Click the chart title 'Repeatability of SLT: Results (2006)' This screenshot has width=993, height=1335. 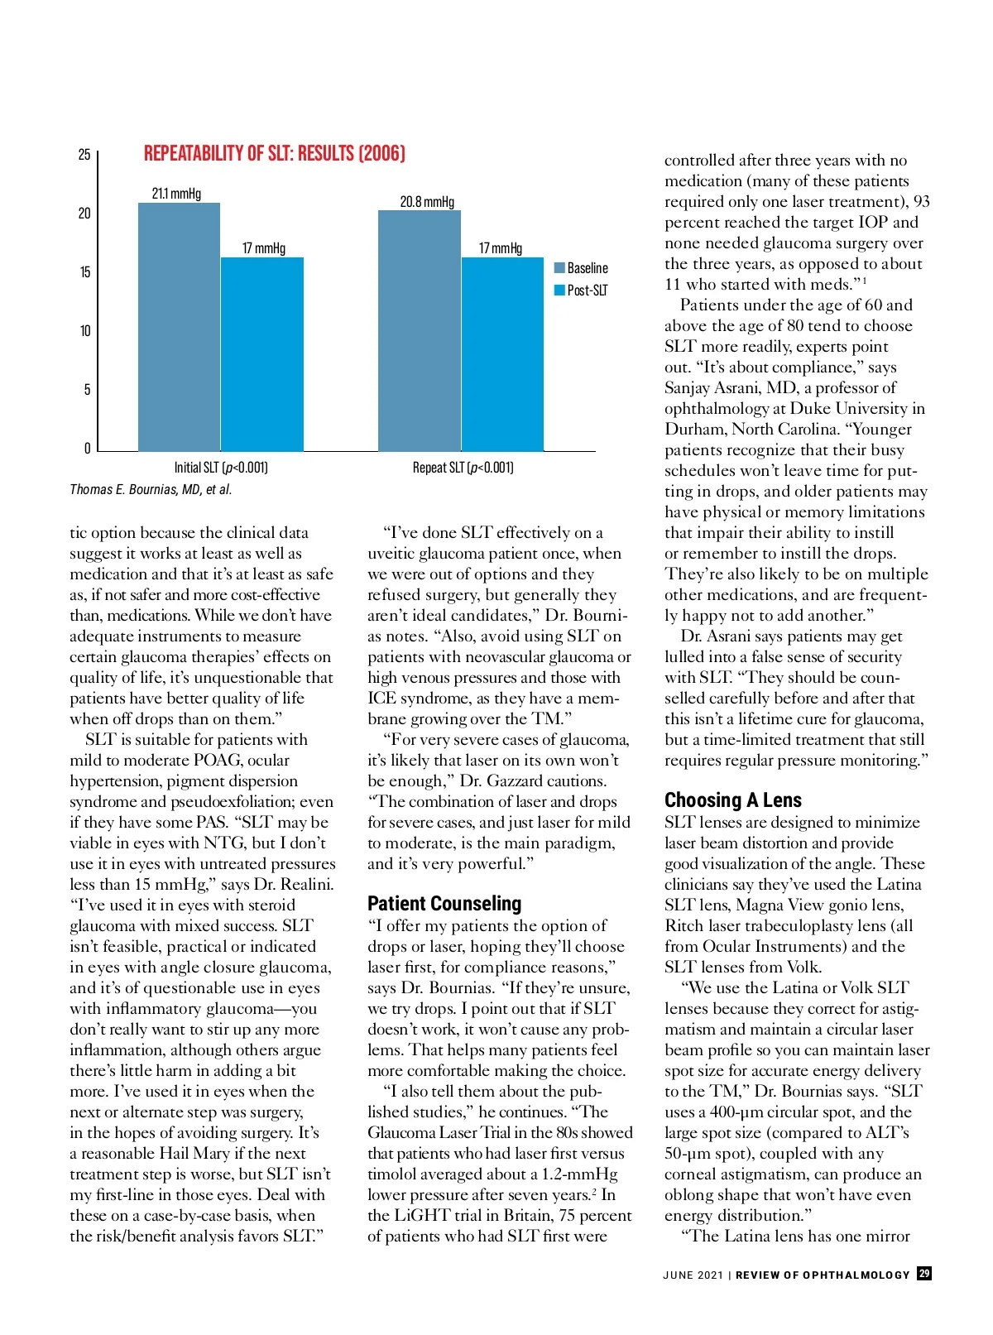point(275,154)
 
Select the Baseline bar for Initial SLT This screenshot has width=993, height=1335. point(179,327)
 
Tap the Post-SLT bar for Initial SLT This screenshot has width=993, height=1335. point(262,354)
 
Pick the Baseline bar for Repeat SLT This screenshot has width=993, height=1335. point(420,331)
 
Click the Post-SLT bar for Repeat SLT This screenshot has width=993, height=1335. point(502,354)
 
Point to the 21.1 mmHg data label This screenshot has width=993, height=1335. point(176,194)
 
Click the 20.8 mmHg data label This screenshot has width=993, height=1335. point(427,202)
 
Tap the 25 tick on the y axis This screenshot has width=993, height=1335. point(84,155)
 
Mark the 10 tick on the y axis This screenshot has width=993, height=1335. point(85,331)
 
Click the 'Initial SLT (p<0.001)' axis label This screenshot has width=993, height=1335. point(221,468)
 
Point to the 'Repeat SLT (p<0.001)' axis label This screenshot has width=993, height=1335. point(463,468)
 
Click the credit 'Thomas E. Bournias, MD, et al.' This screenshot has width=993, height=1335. point(151,490)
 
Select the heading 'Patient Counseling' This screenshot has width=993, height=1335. point(444,904)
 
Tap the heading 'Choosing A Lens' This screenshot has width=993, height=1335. point(733,800)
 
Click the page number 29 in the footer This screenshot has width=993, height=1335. point(924,1274)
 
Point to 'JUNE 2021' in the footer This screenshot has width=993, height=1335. point(693,1275)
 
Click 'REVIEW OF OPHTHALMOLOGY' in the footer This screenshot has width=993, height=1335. point(823,1275)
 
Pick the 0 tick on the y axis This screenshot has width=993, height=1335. point(87,449)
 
